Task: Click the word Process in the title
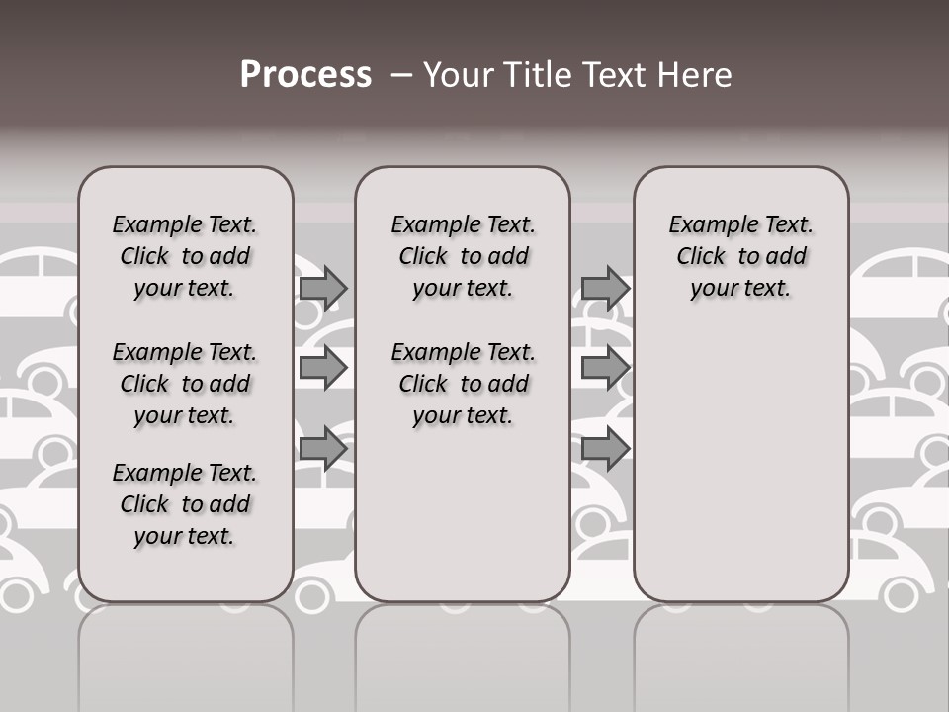pyautogui.click(x=305, y=75)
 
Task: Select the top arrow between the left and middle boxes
pyautogui.click(x=323, y=288)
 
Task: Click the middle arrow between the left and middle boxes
pyautogui.click(x=323, y=368)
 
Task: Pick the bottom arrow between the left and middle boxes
pyautogui.click(x=323, y=449)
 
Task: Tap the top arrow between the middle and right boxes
pyautogui.click(x=605, y=288)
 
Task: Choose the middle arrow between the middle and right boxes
pyautogui.click(x=605, y=368)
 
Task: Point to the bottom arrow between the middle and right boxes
pyautogui.click(x=605, y=449)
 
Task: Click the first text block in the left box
pyautogui.click(x=185, y=256)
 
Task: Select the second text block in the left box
pyautogui.click(x=185, y=384)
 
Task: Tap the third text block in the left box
pyautogui.click(x=185, y=504)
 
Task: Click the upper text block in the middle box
pyautogui.click(x=464, y=256)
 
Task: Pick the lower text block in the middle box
pyautogui.click(x=464, y=384)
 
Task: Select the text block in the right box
pyautogui.click(x=741, y=256)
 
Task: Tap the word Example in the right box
pyautogui.click(x=705, y=225)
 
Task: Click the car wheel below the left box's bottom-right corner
pyautogui.click(x=311, y=594)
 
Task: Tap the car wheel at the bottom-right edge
pyautogui.click(x=900, y=594)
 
